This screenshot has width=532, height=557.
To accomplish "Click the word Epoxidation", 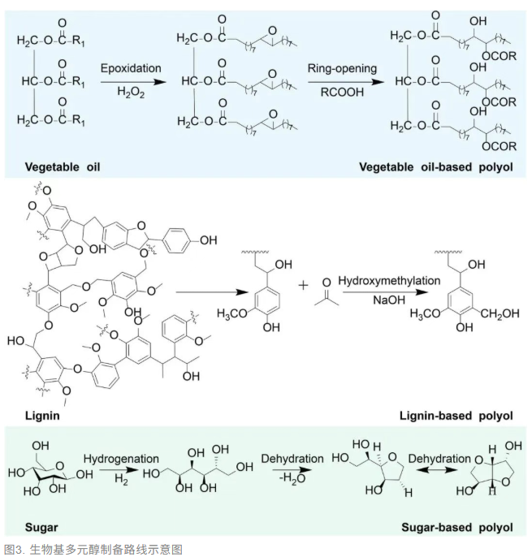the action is coord(131,68).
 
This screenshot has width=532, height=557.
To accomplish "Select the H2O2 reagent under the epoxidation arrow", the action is coord(131,93).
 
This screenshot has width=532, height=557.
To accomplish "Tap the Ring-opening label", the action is coord(342,68).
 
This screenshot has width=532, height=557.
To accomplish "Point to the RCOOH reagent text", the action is coord(342,93).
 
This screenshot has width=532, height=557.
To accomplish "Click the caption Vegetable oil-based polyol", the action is coord(435,167).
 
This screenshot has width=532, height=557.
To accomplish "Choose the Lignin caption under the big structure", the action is coord(42,416).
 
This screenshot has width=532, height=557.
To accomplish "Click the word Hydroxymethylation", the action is coord(389,281).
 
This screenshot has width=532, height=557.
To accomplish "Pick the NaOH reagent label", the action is coord(389,300).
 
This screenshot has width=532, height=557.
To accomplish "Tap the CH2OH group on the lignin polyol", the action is coord(500,313).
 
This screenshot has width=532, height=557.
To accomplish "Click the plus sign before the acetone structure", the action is coord(303,285).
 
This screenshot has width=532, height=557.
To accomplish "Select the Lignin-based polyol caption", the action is coord(456,416).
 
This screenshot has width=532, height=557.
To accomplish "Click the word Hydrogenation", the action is coord(121,459).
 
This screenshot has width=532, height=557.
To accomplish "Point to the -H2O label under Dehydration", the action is coord(292,478).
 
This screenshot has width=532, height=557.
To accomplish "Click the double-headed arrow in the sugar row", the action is coord(437,470).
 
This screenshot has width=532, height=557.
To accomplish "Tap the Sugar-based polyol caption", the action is coord(457,528).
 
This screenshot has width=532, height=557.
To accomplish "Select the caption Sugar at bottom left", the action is coord(41,528).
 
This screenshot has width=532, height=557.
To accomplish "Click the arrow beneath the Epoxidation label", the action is coord(133,83).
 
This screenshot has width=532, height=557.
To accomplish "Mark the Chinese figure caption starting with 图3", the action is coord(93,550).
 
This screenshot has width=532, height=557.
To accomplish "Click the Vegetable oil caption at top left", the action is coord(63,167).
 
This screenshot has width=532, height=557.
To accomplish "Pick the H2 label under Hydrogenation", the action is coord(121,479).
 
